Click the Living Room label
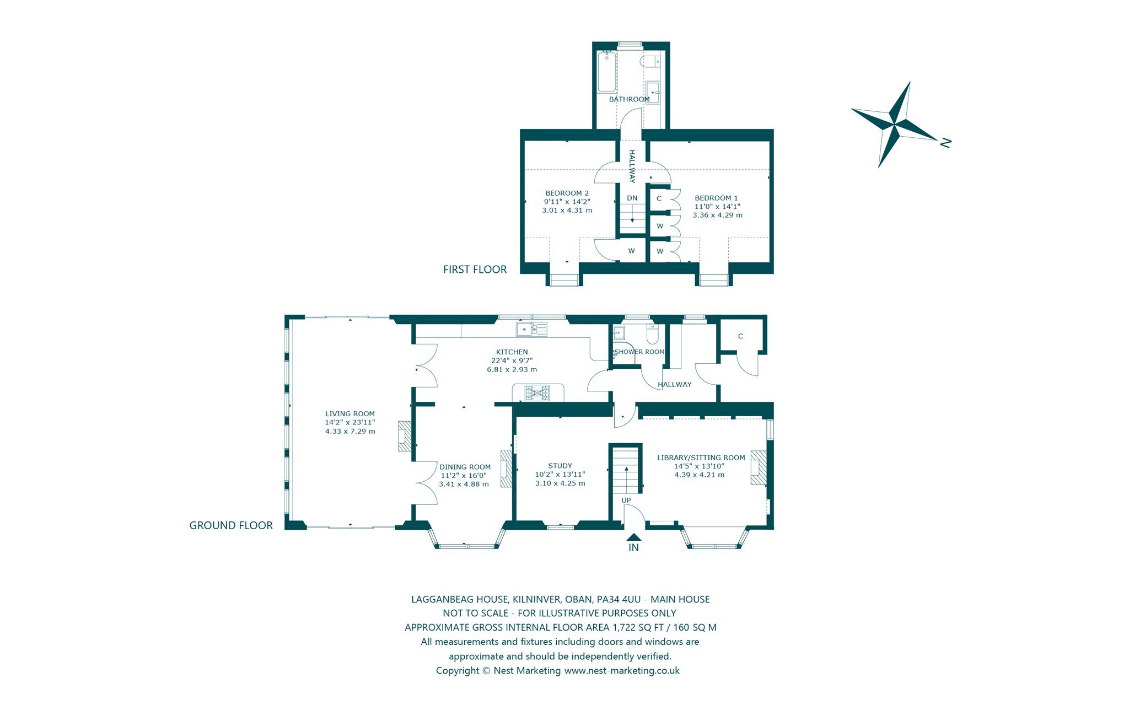[x=350, y=413]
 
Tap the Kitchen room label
[x=512, y=352]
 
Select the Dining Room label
[x=465, y=467]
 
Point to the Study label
[x=560, y=466]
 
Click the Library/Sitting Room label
[x=701, y=458]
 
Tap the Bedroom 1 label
[x=716, y=198]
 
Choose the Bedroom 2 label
[x=567, y=193]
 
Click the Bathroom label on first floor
[x=629, y=99]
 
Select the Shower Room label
[x=639, y=352]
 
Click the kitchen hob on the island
[x=537, y=392]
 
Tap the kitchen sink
[x=531, y=329]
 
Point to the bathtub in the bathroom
[x=607, y=72]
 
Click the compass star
[x=895, y=124]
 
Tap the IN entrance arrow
[x=634, y=537]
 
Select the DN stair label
[x=632, y=198]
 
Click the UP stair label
[x=626, y=501]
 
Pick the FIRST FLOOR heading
[x=475, y=270]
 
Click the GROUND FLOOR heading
[x=231, y=526]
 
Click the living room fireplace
[x=405, y=437]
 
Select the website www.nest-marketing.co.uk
[x=622, y=671]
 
